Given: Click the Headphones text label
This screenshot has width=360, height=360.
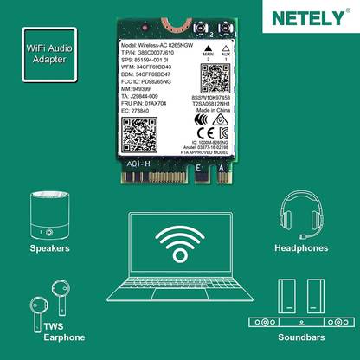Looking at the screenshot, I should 301,247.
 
